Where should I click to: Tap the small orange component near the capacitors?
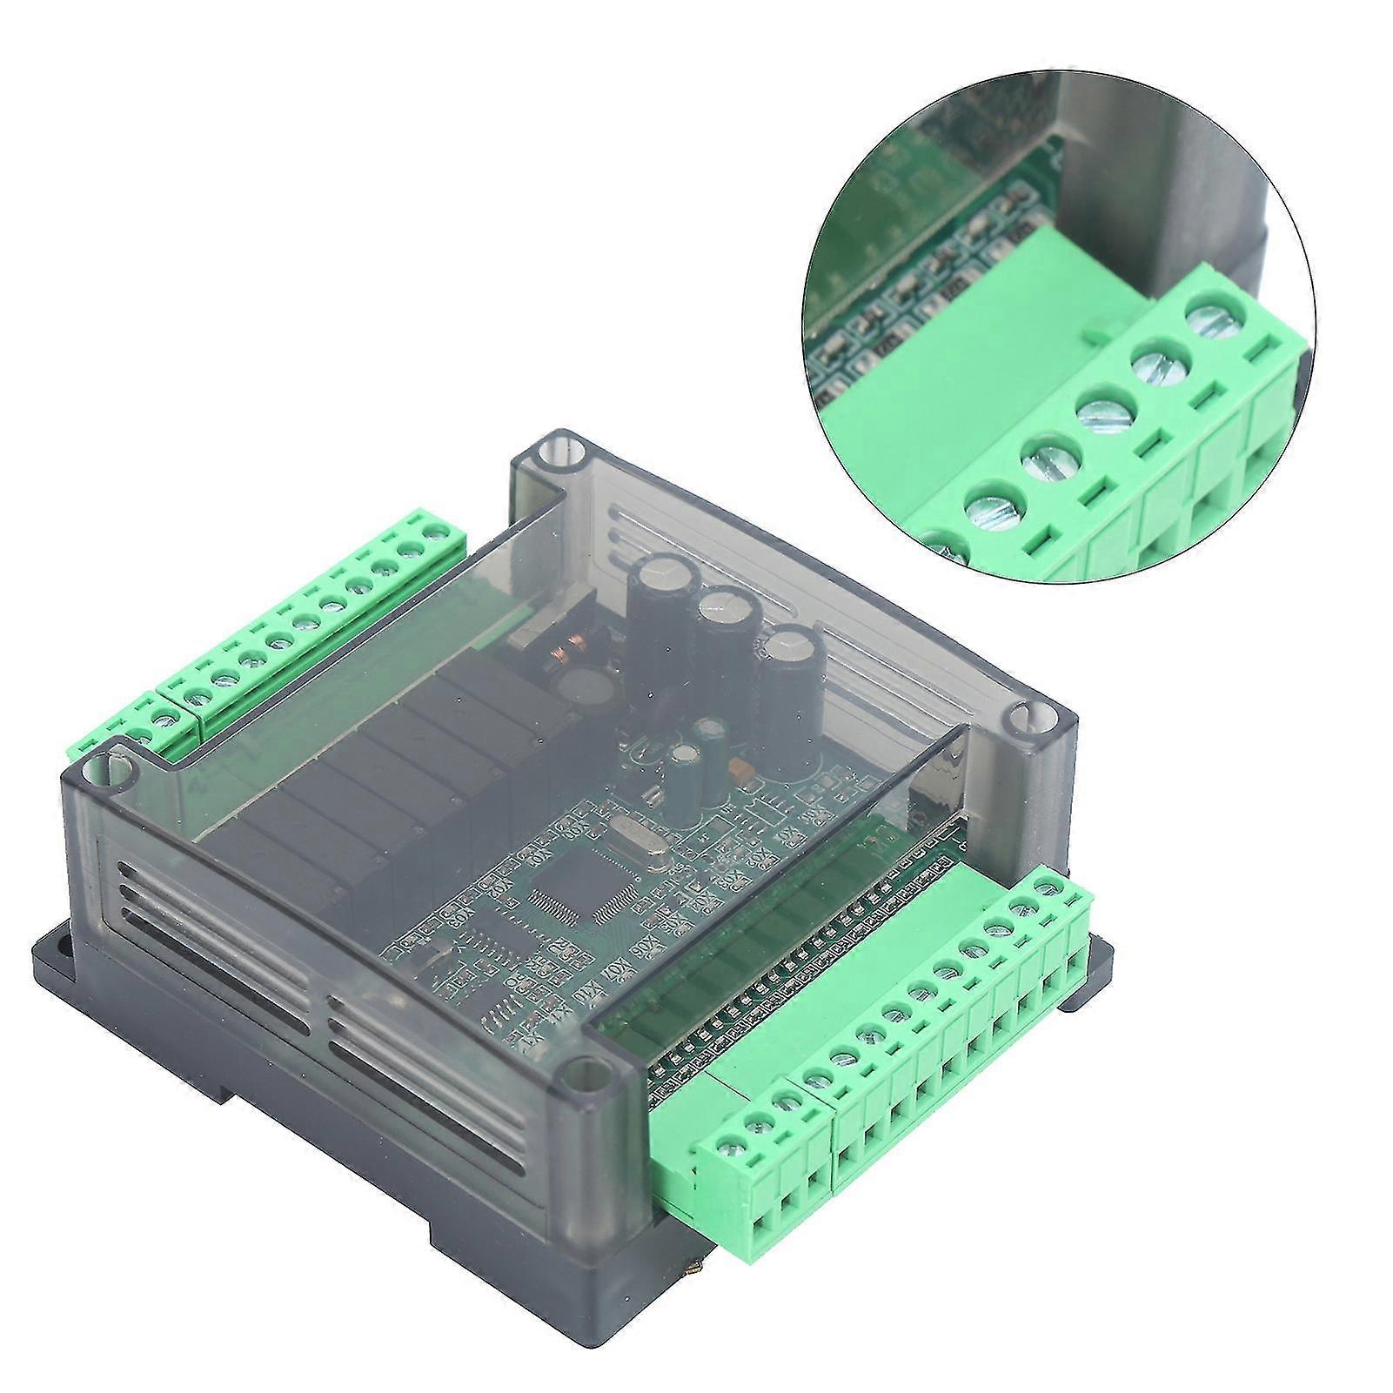pyautogui.click(x=742, y=767)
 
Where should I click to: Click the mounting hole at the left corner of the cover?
pyautogui.click(x=111, y=767)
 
